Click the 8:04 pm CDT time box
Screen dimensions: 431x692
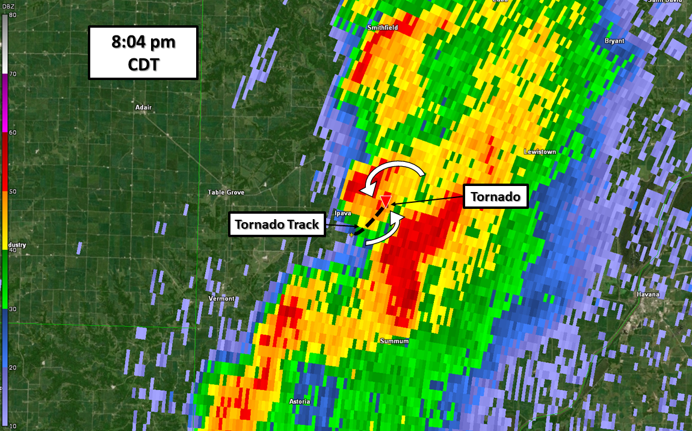click(x=143, y=52)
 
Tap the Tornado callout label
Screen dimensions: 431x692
click(x=495, y=196)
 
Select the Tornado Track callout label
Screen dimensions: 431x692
click(x=277, y=225)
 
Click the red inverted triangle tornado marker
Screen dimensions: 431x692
click(x=386, y=201)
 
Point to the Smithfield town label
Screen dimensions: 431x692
click(x=383, y=28)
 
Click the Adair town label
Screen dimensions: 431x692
click(x=144, y=107)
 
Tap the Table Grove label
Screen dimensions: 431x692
click(x=226, y=192)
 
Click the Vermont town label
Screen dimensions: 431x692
click(x=221, y=299)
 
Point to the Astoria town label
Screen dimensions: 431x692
click(x=300, y=402)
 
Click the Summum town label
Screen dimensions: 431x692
click(x=394, y=341)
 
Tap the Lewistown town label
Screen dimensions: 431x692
click(x=540, y=152)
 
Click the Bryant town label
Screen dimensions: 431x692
click(x=614, y=41)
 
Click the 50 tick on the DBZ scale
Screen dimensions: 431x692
click(x=12, y=191)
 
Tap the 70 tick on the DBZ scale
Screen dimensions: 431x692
click(x=12, y=73)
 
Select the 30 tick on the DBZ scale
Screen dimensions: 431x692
click(x=12, y=309)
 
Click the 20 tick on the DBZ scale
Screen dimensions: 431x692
click(x=12, y=367)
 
